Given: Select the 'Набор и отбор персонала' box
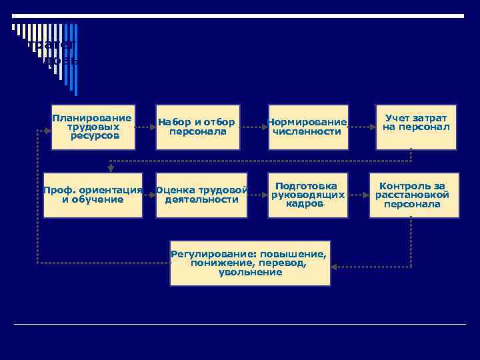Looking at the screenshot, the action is pyautogui.click(x=197, y=127).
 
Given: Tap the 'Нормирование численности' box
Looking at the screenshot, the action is pyautogui.click(x=308, y=127).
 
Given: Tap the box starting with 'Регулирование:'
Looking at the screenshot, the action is pyautogui.click(x=250, y=263).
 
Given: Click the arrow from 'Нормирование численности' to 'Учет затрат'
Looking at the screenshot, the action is pyautogui.click(x=360, y=127).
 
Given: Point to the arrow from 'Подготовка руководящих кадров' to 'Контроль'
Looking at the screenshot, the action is pyautogui.click(x=359, y=195).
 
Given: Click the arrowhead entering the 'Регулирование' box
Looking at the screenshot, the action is pyautogui.click(x=335, y=267).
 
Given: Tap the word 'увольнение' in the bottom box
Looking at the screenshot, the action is pyautogui.click(x=250, y=273).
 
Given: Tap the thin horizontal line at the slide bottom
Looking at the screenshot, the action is pyautogui.click(x=240, y=325).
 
